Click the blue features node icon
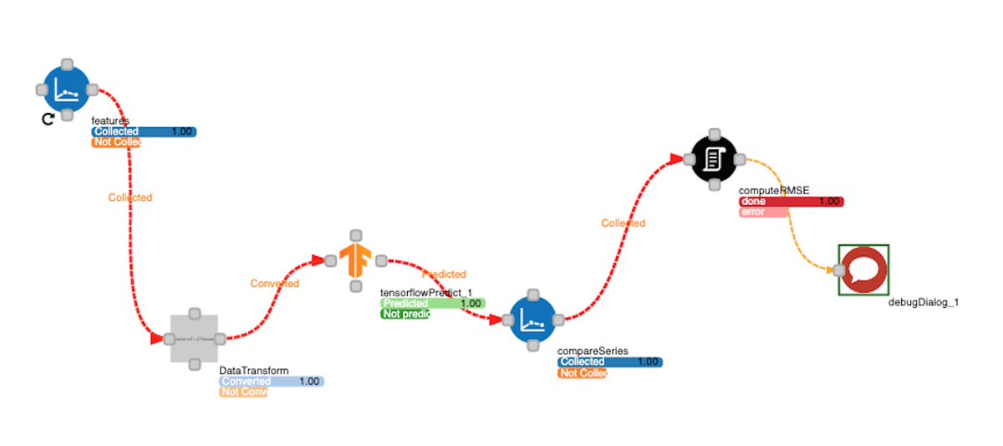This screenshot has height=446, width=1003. pyautogui.click(x=67, y=88)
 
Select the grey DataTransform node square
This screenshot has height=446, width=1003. pyautogui.click(x=194, y=339)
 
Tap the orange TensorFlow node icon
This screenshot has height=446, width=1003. pyautogui.click(x=356, y=260)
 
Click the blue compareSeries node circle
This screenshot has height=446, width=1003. pyautogui.click(x=533, y=319)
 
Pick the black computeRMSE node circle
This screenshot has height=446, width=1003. pyautogui.click(x=714, y=158)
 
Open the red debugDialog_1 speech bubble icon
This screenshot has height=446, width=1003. pyautogui.click(x=863, y=269)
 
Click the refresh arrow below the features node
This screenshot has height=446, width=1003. pyautogui.click(x=48, y=119)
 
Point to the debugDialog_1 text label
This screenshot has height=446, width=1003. pyautogui.click(x=923, y=302)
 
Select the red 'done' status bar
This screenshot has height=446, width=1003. pyautogui.click(x=791, y=202)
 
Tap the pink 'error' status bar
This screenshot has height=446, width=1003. pyautogui.click(x=763, y=212)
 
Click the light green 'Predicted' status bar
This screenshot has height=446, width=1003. pyautogui.click(x=432, y=303)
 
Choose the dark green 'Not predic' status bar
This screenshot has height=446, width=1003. pyautogui.click(x=405, y=314)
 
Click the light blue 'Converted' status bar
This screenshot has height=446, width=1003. pyautogui.click(x=271, y=382)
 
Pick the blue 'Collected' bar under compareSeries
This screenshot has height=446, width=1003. pyautogui.click(x=609, y=361)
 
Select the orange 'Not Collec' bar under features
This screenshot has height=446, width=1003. pyautogui.click(x=115, y=142)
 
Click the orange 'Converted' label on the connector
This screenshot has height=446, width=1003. pyautogui.click(x=274, y=284)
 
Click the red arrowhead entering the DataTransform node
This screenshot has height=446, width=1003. pyautogui.click(x=156, y=340)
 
